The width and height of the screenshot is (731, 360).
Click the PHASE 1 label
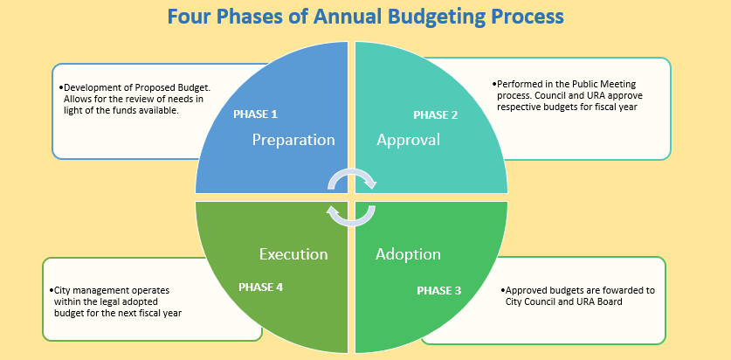click(256, 114)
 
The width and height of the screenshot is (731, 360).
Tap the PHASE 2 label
click(436, 114)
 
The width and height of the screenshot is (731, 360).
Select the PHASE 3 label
click(438, 290)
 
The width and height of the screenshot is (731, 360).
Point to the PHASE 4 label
click(260, 287)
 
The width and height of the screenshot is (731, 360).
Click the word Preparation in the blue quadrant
click(293, 140)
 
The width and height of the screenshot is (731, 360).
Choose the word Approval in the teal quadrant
click(409, 140)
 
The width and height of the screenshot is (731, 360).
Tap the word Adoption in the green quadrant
click(409, 254)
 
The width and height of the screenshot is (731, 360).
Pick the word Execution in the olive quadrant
click(293, 254)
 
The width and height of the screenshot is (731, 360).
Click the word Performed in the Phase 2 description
click(516, 85)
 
